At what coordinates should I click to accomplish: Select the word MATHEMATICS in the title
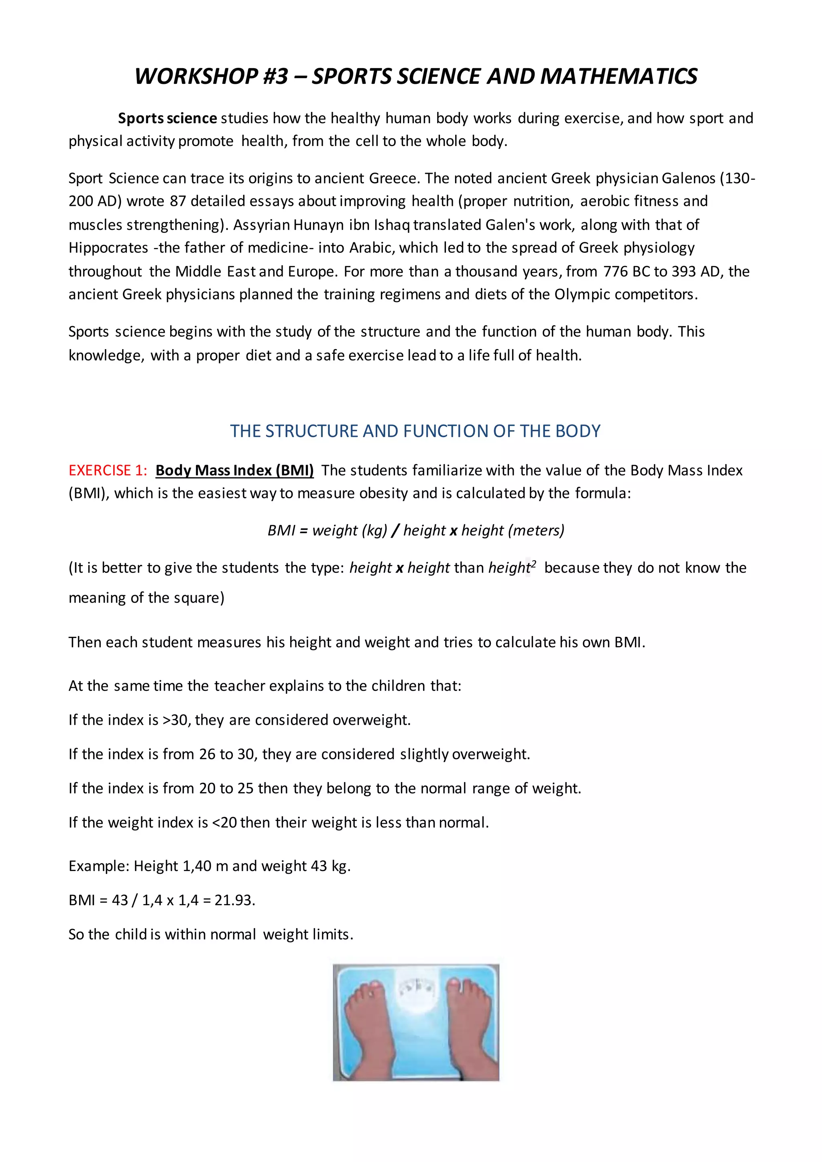619,76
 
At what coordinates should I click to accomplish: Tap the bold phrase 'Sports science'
167,118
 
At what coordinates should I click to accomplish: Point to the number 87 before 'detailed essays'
178,201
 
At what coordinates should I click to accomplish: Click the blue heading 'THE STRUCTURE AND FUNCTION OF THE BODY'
415,431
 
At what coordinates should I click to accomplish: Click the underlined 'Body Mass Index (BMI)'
234,471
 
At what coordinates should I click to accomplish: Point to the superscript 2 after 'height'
533,564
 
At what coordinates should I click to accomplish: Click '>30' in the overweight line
175,720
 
